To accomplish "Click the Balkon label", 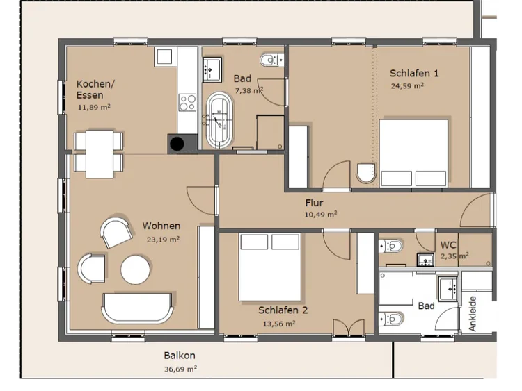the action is coord(180,356).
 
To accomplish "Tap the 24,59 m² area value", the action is coord(407,85).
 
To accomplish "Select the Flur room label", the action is coord(315,203).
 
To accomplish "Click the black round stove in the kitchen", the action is coord(177,144).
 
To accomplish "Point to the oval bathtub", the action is coord(220,120).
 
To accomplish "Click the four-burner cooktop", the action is coord(187,103).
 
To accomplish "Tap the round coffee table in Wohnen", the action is coord(136,269).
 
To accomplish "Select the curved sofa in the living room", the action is coord(137,308).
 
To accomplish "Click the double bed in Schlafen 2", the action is coord(269,267).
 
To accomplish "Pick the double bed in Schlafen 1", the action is coord(414,153).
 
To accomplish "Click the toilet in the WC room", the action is coord(391,246).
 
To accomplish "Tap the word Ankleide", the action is coord(473,314).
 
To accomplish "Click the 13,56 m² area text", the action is coord(279,323).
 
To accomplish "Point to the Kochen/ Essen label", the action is coord(95,90).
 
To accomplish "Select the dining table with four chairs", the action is coord(99,154).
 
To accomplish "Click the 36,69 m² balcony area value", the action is coord(180,369).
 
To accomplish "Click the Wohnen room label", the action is coord(161,226).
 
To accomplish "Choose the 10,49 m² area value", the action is coord(321,215).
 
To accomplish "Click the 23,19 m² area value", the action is coord(163,239).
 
